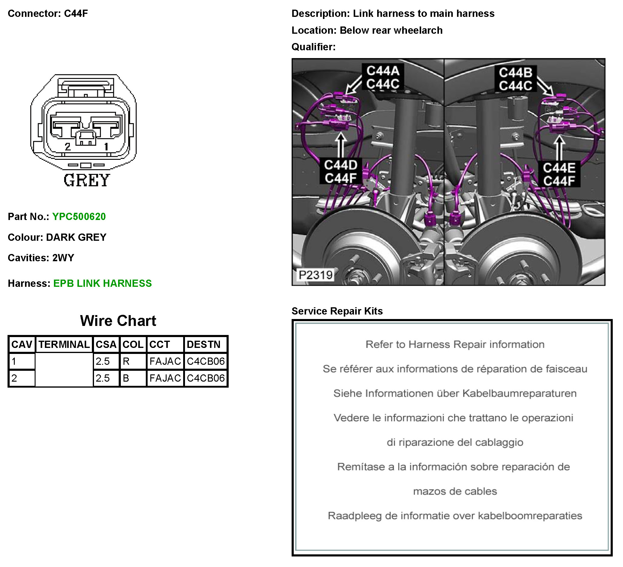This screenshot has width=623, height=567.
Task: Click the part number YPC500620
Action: point(79,217)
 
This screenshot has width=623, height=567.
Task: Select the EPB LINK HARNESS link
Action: point(102,283)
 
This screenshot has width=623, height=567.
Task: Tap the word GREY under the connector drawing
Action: point(86,180)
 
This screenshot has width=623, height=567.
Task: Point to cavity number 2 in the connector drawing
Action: point(68,147)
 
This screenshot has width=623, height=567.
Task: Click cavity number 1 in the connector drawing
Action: point(106,147)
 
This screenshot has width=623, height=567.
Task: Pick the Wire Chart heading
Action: point(118,321)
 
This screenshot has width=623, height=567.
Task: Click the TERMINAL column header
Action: point(64,345)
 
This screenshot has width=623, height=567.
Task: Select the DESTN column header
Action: point(204,345)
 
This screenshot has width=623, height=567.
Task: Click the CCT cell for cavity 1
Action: point(165,361)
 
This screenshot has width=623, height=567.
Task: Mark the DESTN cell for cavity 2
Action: point(205,378)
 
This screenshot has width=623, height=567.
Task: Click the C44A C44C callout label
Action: point(383,77)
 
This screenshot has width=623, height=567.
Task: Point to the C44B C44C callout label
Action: point(515,79)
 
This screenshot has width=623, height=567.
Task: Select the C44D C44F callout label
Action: point(340,172)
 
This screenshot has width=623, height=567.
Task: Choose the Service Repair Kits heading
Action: point(337,311)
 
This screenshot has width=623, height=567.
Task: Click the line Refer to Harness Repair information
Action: point(455,345)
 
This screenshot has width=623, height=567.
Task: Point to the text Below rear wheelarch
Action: point(391,30)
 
